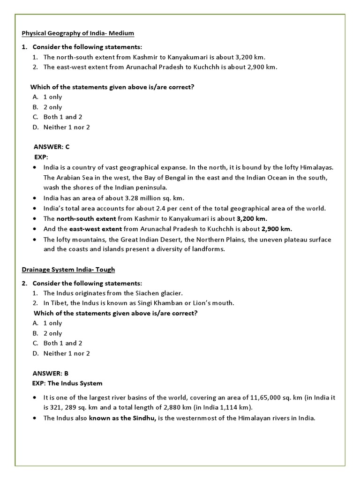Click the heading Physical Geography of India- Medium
(78, 33)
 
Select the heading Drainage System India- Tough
(68, 270)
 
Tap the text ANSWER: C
(52, 147)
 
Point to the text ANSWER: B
(51, 373)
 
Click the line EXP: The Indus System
(67, 383)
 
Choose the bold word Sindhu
(145, 418)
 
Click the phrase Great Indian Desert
(135, 240)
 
